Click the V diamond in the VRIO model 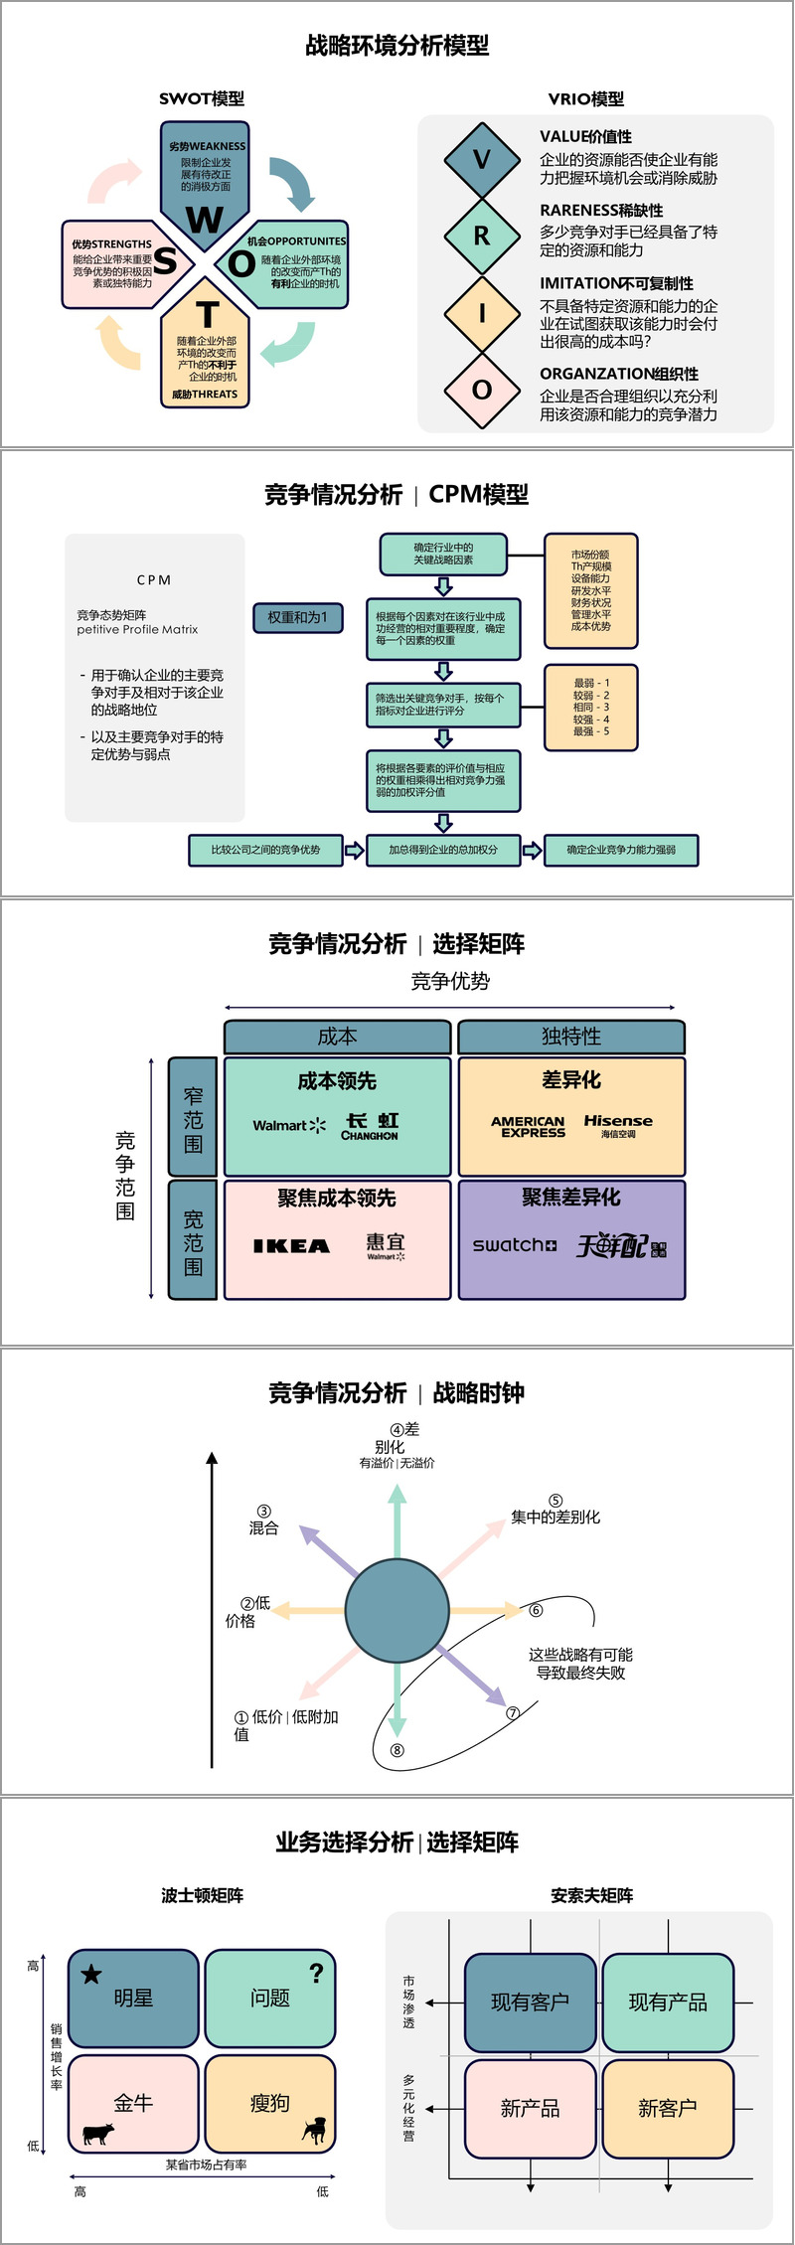click(482, 159)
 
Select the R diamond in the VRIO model click(482, 236)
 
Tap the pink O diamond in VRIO click(482, 390)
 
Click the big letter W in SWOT click(205, 219)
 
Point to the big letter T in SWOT click(207, 315)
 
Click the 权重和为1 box click(297, 617)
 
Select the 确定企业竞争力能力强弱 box click(621, 850)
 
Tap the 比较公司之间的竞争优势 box click(265, 850)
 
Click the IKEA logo click(291, 1245)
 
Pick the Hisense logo click(618, 1124)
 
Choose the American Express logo click(528, 1126)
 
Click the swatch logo click(514, 1244)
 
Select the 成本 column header click(337, 1037)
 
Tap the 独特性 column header click(570, 1037)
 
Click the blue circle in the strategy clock click(397, 1610)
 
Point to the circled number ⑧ click(397, 1750)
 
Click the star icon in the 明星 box click(91, 1974)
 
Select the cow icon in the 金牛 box click(97, 2133)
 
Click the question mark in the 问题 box click(316, 1973)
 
